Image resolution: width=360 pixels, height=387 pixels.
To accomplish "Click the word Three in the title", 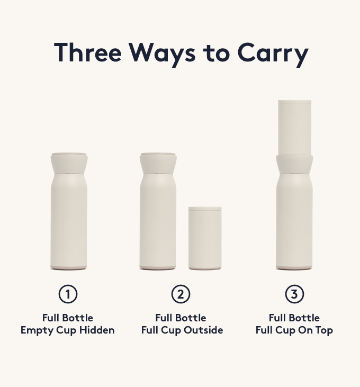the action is [x=88, y=52].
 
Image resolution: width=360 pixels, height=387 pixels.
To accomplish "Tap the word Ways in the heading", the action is [x=163, y=55].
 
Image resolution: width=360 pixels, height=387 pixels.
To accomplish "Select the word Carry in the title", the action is [x=273, y=55].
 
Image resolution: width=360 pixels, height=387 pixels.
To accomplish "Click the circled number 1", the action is [x=68, y=294].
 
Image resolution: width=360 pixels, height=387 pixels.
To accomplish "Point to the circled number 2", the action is [x=181, y=294].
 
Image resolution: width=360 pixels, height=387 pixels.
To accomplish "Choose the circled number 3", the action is [x=294, y=294].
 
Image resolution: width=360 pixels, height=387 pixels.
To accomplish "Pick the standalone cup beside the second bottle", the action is [x=205, y=238].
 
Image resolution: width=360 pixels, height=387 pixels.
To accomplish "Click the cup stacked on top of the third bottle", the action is [x=294, y=128].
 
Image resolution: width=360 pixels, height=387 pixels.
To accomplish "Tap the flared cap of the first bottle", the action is [x=69, y=164].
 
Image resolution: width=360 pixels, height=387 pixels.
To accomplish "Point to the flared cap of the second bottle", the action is [x=158, y=164].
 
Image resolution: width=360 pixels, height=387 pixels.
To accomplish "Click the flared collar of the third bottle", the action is [x=294, y=164].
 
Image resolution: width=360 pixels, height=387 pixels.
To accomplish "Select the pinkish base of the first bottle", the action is [x=69, y=267].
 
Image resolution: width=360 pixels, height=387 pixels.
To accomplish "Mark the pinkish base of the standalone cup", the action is [x=205, y=268].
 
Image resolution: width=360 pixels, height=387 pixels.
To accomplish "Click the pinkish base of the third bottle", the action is [x=294, y=267].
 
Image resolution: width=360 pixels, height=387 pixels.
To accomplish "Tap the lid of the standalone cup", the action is [x=205, y=209].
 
